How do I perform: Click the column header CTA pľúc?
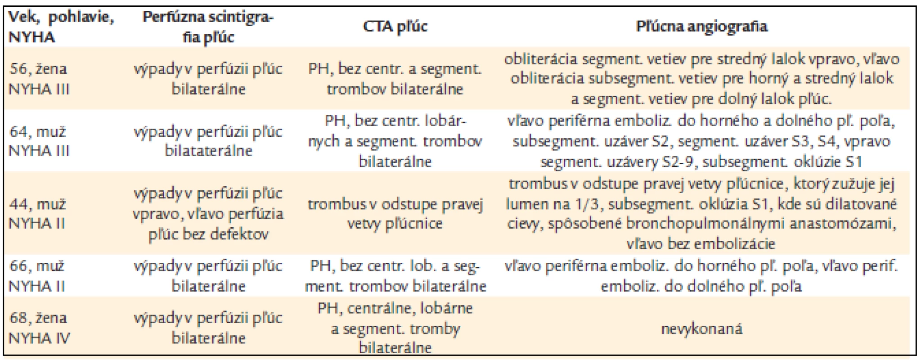pyautogui.click(x=395, y=27)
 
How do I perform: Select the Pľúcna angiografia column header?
pyautogui.click(x=701, y=27)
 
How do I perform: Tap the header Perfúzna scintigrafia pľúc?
pyautogui.click(x=208, y=27)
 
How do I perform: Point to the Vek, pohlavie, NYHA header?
pyautogui.click(x=61, y=27)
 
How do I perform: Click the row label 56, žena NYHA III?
pyautogui.click(x=40, y=79)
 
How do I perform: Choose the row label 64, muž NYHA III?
pyautogui.click(x=40, y=141)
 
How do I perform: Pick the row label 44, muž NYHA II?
pyautogui.click(x=38, y=214)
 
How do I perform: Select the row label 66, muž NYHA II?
pyautogui.click(x=38, y=275)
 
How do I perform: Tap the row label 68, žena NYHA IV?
pyautogui.click(x=40, y=328)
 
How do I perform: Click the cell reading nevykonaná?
pyautogui.click(x=701, y=328)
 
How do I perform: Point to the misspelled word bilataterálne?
pyautogui.click(x=208, y=151)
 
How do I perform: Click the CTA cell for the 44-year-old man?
pyautogui.click(x=395, y=214)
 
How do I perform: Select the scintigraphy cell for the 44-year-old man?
pyautogui.click(x=208, y=214)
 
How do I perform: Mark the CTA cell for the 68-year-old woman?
pyautogui.click(x=395, y=328)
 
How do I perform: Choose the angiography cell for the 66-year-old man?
pyautogui.click(x=701, y=276)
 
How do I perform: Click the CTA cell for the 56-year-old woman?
pyautogui.click(x=395, y=79)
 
